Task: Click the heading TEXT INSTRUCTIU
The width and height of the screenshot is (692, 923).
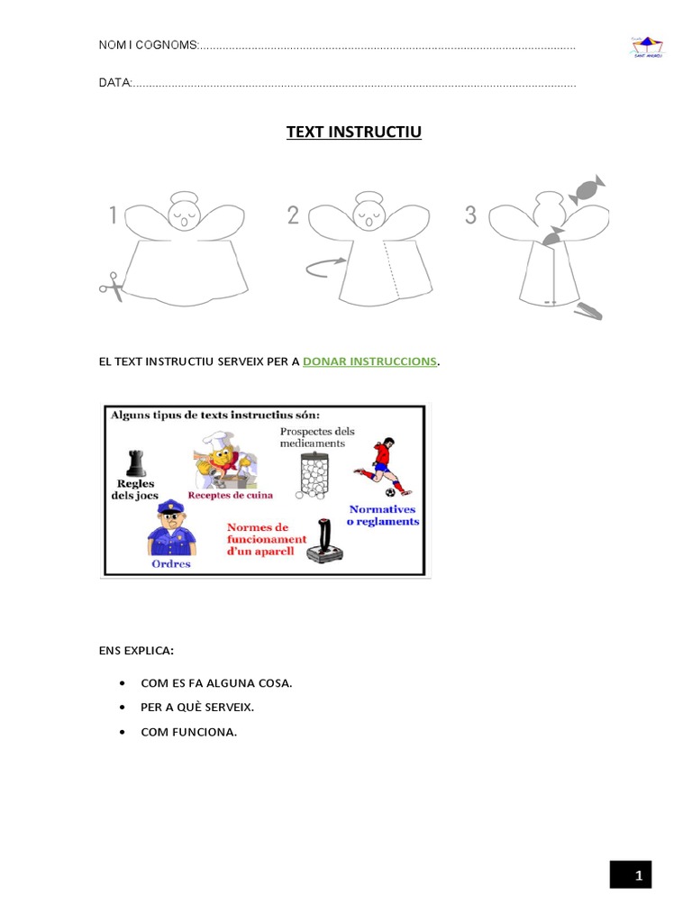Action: coord(353,133)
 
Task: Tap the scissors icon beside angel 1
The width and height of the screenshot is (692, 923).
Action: coord(112,286)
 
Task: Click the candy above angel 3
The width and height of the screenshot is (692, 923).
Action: coord(587,190)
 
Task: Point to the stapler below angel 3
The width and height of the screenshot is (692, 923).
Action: coord(587,310)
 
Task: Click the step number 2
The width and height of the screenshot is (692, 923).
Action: coord(293,215)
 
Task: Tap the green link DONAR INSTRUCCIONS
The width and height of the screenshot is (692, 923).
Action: coord(370,361)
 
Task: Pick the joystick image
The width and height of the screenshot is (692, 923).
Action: coord(323,543)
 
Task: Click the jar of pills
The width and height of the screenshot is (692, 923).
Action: coord(314,476)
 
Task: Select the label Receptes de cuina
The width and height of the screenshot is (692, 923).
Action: coord(230,495)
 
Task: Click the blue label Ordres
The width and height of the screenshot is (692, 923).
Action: coord(171,565)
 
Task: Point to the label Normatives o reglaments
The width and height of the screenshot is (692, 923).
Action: coord(384,516)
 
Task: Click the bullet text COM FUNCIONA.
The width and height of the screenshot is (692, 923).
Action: coord(188,732)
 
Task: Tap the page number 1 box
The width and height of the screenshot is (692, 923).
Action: coord(630,875)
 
